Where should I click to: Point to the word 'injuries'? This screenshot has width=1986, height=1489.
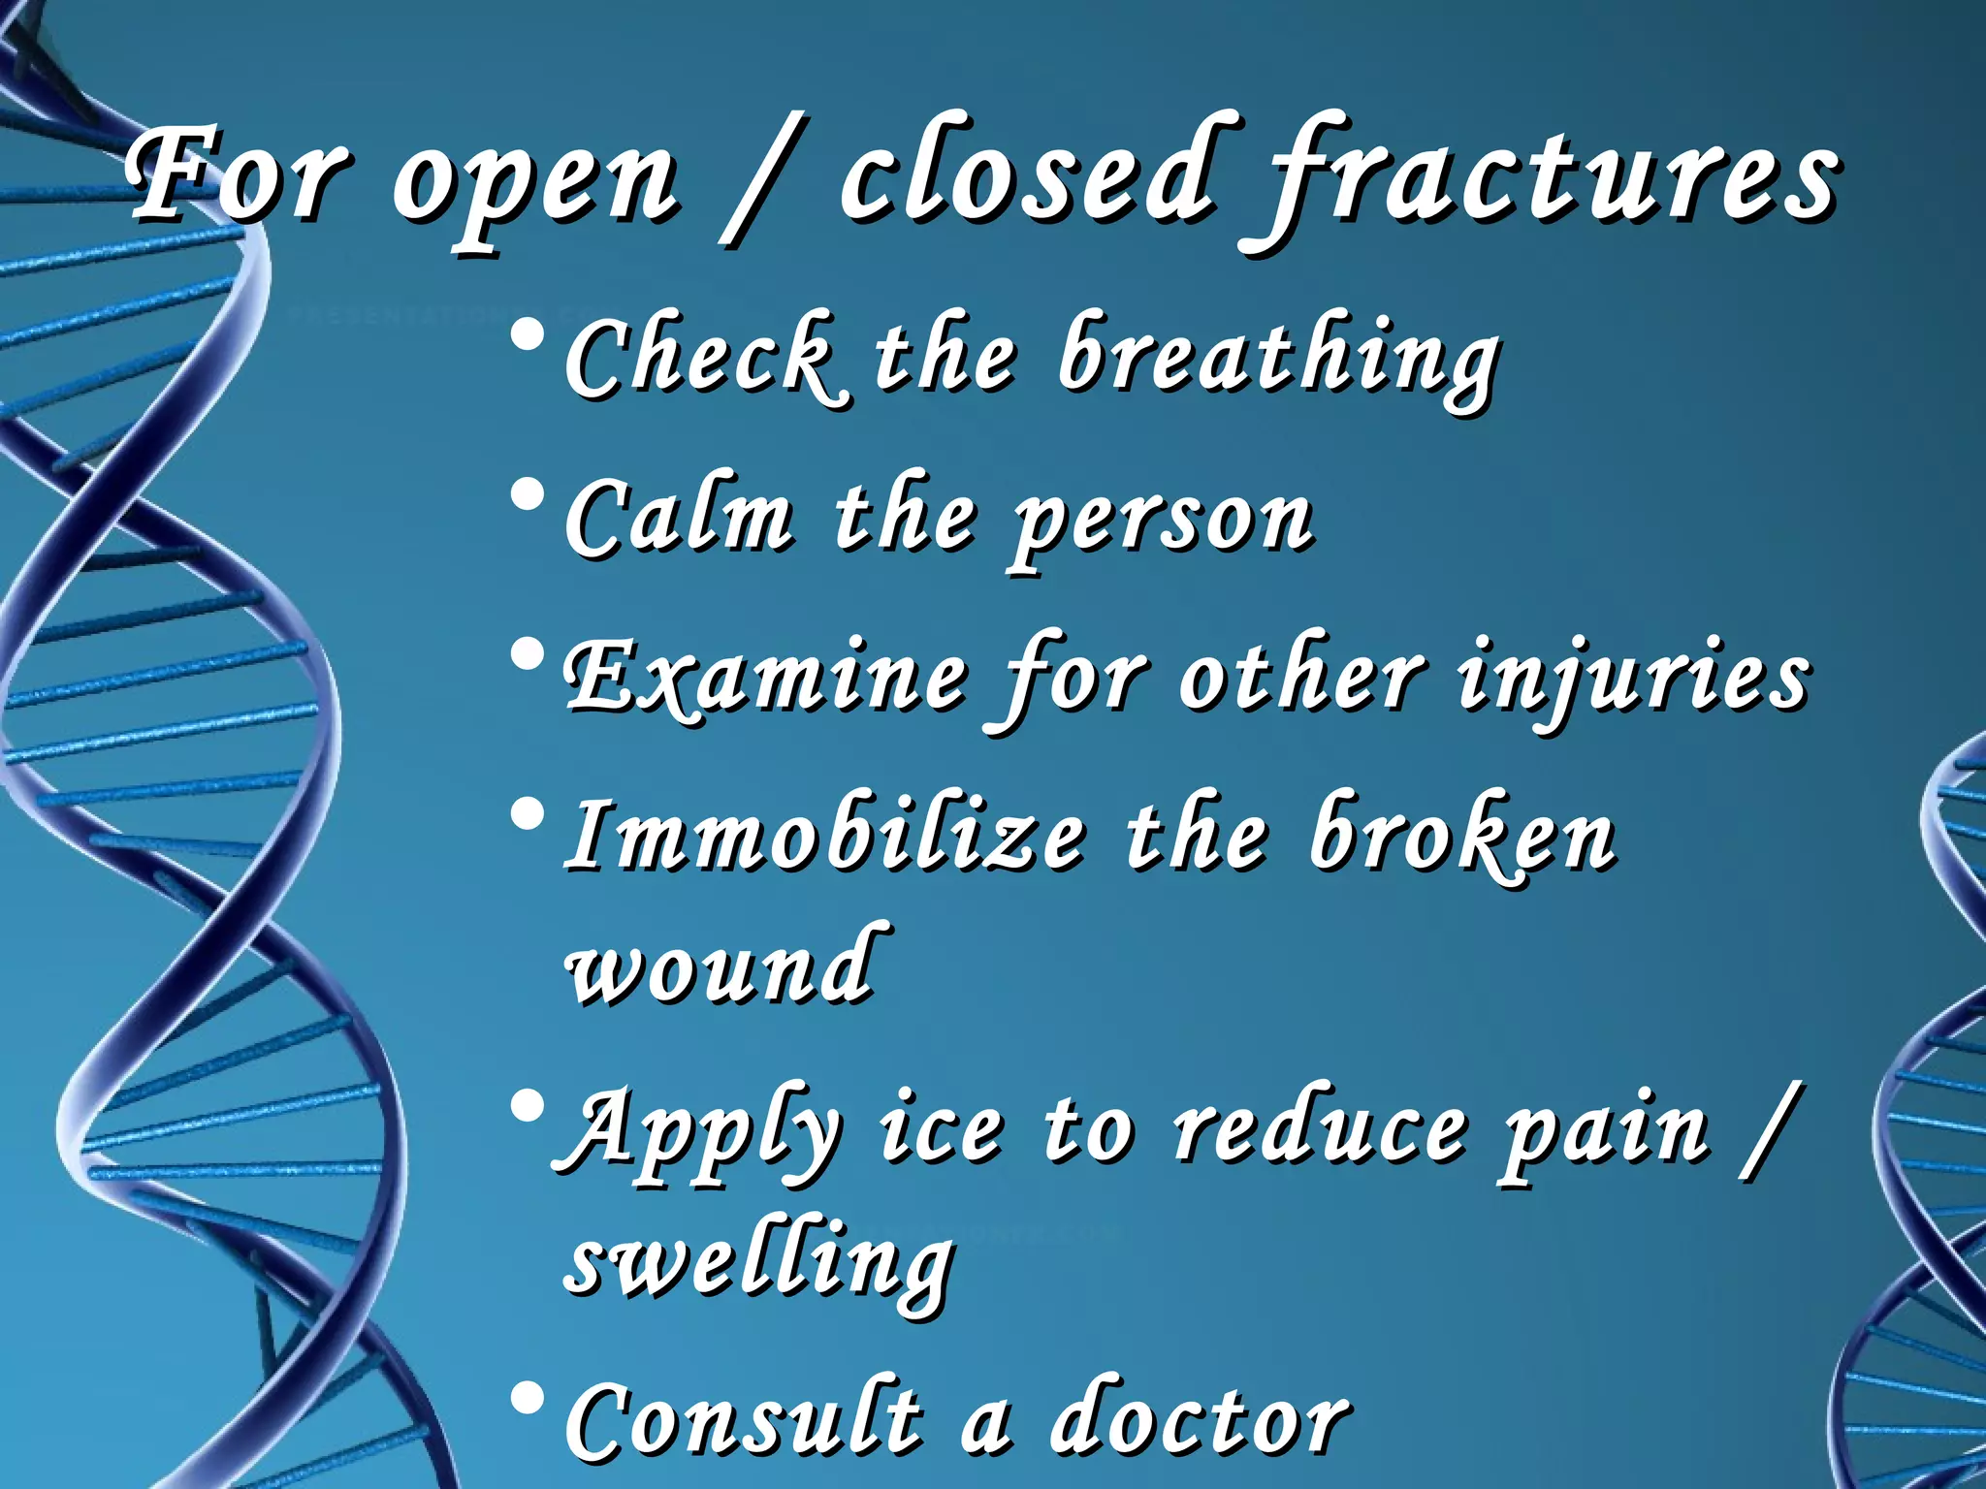tap(1633, 679)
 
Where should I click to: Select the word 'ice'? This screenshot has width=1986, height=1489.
tap(940, 1129)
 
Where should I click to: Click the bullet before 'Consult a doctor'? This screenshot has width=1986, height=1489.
tap(528, 1400)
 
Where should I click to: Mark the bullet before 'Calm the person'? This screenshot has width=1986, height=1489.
tap(528, 498)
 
